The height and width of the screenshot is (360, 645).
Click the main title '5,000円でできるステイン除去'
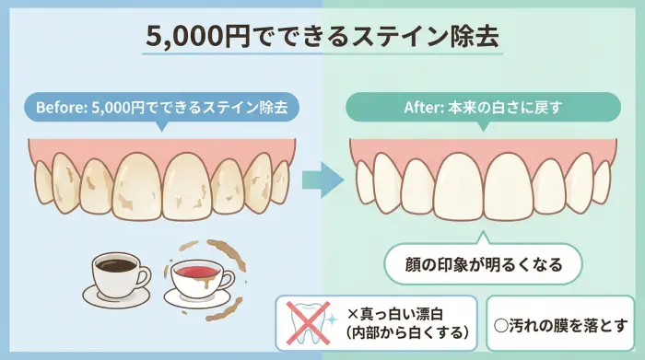[x=322, y=36]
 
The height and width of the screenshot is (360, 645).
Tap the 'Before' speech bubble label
[x=161, y=107]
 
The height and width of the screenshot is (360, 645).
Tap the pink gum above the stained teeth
[x=161, y=147]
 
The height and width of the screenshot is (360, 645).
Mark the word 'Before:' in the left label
[x=61, y=107]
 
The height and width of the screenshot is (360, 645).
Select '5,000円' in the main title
[x=183, y=36]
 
